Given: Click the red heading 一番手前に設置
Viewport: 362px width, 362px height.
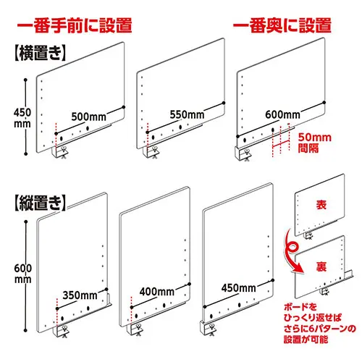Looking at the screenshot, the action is click(75, 25).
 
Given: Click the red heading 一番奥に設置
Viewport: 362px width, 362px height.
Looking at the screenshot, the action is click(282, 25).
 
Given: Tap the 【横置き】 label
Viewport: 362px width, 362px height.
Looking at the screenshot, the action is click(40, 53).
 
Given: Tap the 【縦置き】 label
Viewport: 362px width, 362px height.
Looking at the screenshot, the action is click(40, 203).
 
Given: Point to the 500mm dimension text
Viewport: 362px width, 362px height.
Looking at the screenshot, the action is click(88, 117).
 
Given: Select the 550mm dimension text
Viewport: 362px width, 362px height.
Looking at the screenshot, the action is click(187, 114).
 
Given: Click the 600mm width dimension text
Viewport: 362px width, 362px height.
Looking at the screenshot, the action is click(282, 114).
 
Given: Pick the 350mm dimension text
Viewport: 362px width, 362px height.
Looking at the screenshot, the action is click(80, 295).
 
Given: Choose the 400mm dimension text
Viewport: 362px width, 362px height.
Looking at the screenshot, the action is click(157, 292).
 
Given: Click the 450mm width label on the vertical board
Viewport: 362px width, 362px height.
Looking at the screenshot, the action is click(239, 288).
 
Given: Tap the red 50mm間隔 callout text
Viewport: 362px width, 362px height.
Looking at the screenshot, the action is click(315, 143).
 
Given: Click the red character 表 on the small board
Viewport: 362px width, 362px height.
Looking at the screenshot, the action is click(321, 204).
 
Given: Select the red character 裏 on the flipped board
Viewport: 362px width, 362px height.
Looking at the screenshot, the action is click(321, 266).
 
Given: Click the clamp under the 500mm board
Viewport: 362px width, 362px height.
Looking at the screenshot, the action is click(60, 152).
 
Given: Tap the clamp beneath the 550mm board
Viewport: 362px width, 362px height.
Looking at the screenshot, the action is click(151, 152).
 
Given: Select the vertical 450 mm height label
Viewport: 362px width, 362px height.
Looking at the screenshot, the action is click(22, 118).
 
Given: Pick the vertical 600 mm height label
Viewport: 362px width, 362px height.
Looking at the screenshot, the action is click(23, 274).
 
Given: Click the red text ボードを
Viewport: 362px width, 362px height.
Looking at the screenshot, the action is click(300, 307).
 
